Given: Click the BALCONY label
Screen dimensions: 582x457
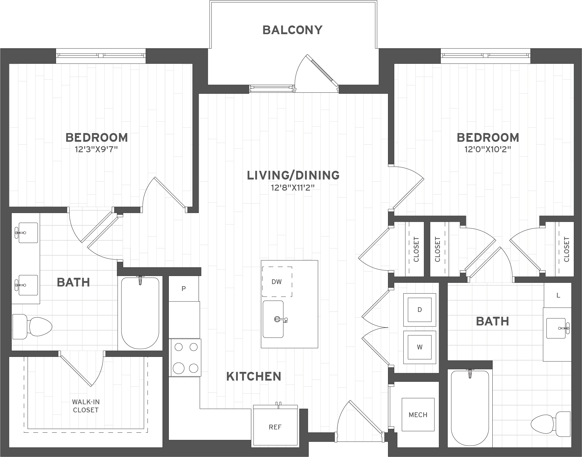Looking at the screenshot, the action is coord(292,30).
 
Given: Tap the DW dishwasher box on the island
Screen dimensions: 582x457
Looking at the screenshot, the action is coord(277,281).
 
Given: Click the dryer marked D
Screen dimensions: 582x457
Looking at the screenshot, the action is coord(419,310).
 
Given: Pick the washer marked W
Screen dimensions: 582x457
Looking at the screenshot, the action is coord(419,347).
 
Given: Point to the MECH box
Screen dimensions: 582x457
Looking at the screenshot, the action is coord(418,415).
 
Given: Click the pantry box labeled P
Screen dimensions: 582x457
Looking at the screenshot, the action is coord(184,289).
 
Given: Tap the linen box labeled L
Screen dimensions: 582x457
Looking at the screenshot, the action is coord(558,295).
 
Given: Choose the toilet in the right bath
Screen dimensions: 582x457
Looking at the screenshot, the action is coord(551,424).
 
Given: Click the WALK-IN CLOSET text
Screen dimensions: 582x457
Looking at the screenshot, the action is coord(86,406).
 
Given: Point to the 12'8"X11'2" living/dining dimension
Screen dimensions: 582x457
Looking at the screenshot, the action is coord(293,188).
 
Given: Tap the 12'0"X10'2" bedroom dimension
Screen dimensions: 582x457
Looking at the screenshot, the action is coord(488,149).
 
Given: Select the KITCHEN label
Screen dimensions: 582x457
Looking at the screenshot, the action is coord(254,376).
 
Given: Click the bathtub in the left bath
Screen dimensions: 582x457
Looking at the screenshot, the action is coord(140,313).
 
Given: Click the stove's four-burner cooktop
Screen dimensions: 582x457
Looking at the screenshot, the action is coord(186,357).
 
